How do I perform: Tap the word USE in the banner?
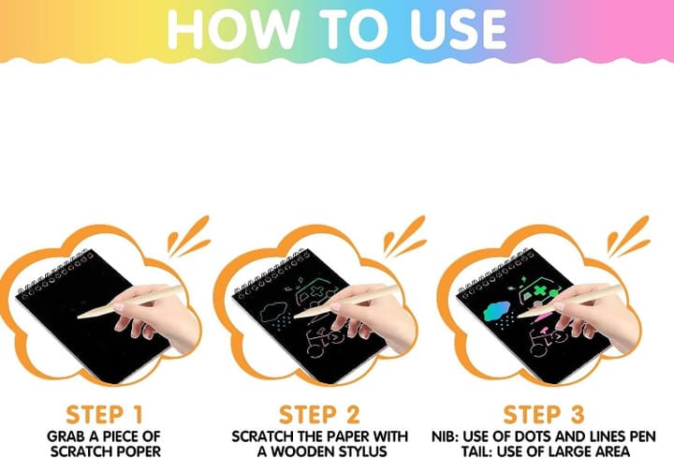click(x=459, y=29)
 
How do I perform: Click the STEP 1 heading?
click(x=104, y=415)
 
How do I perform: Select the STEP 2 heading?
click(x=319, y=415)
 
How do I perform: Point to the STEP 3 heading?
click(x=544, y=415)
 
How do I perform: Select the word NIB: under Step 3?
click(x=446, y=436)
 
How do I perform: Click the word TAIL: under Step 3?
click(x=476, y=451)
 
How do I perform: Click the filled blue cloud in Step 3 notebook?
click(x=496, y=311)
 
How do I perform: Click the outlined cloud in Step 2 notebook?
click(x=273, y=311)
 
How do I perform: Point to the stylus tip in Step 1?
click(x=79, y=318)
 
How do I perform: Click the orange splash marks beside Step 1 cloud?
click(x=188, y=236)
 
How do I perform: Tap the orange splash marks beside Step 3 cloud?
click(x=628, y=236)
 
